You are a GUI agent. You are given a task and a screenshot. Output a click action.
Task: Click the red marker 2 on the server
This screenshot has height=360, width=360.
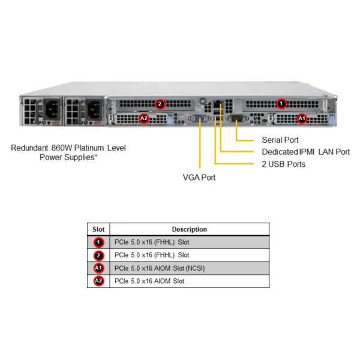(x=159, y=104)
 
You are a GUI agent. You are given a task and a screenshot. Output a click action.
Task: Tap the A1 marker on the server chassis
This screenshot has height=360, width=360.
(x=302, y=118)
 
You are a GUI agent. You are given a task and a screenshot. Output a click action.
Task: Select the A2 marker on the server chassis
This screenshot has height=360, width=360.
(x=143, y=118)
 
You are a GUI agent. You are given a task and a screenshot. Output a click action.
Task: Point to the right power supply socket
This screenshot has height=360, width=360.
(x=94, y=110)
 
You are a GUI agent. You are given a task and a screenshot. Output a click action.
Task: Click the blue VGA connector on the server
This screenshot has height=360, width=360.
(x=199, y=119)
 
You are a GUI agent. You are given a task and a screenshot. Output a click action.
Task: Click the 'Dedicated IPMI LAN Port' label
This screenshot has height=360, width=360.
(x=305, y=152)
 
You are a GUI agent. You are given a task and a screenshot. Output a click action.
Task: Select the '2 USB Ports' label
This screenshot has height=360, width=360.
(x=283, y=164)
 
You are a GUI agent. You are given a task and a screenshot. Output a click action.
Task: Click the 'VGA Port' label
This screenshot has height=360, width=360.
(x=199, y=177)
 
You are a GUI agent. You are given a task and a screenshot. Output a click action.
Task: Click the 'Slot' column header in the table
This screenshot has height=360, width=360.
(x=98, y=229)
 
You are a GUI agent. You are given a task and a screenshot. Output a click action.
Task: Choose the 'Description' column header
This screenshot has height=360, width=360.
(x=189, y=229)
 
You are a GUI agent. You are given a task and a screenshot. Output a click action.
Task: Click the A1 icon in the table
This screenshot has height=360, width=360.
(x=98, y=268)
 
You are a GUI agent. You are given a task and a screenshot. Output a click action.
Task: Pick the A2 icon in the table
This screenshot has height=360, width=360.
(x=98, y=281)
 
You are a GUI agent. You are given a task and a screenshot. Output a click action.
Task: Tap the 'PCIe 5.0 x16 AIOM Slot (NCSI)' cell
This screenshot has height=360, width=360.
(x=159, y=268)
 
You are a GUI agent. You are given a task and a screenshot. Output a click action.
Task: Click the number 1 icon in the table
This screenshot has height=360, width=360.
(x=98, y=242)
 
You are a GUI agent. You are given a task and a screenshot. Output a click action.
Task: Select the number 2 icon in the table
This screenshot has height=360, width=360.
(x=98, y=255)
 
